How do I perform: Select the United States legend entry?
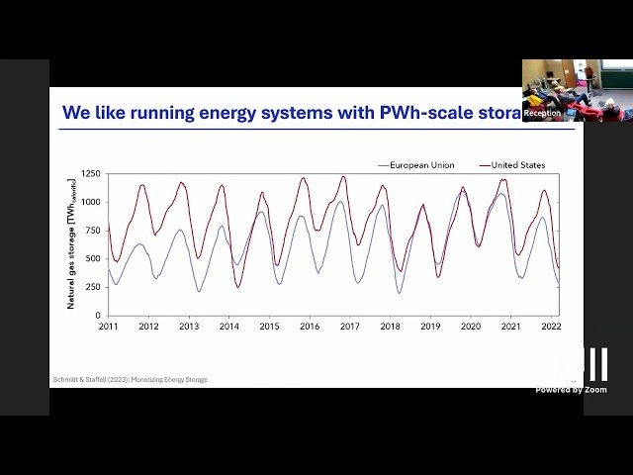517,165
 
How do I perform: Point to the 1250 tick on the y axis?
91,173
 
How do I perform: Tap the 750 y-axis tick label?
93,231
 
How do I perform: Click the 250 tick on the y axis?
93,287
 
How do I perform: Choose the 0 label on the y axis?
98,316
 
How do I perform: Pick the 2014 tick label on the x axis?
229,327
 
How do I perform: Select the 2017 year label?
351,327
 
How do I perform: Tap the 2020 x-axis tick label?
472,327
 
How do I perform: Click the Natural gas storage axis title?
71,243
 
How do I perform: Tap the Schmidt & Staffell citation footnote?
130,379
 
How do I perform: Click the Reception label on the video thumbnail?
542,113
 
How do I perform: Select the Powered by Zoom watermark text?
572,389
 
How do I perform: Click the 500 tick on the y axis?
93,259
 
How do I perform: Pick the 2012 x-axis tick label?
148,327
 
